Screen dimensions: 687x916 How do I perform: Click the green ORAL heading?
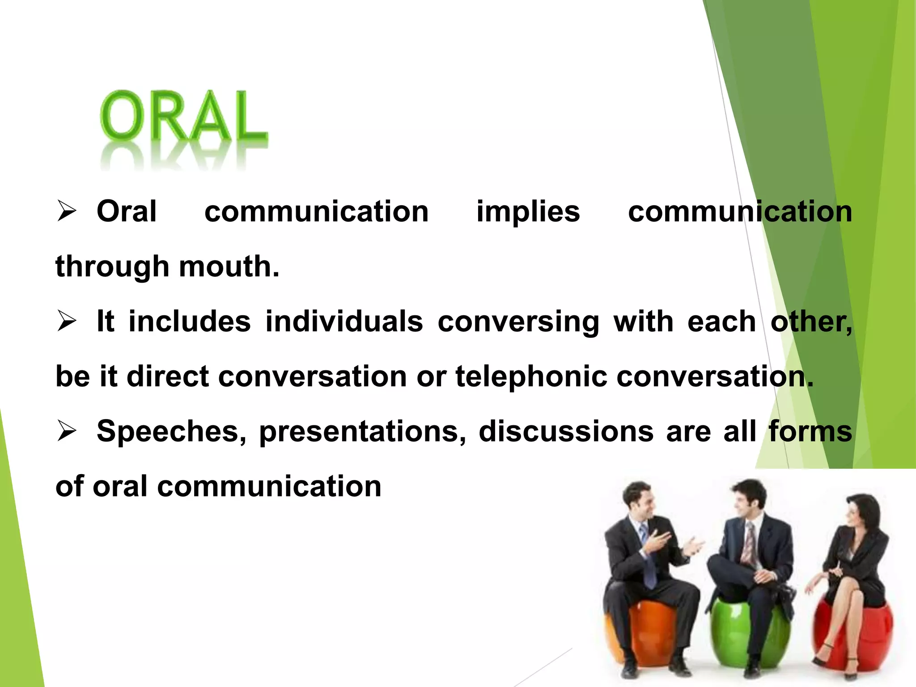[x=183, y=117]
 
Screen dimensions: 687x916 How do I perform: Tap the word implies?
[x=528, y=212]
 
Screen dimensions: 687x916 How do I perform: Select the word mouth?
[x=229, y=267]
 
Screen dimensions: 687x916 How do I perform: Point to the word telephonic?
[x=531, y=377]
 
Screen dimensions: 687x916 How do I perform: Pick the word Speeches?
[x=171, y=432]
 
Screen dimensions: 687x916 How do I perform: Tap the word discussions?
[x=566, y=432]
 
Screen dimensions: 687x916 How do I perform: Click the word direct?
[x=168, y=377]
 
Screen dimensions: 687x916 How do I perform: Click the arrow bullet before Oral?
[x=67, y=212]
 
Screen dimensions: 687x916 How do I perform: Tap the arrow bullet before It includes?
[x=67, y=322]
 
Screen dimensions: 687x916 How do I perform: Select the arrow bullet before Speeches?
[x=67, y=432]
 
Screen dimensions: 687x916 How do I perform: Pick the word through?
[x=112, y=267]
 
